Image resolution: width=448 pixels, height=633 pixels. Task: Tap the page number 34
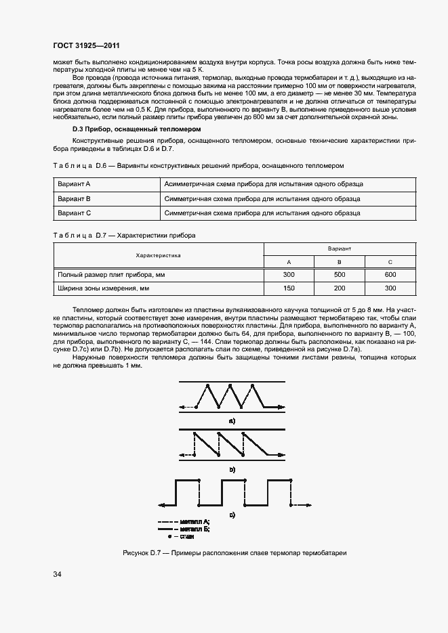coord(57,575)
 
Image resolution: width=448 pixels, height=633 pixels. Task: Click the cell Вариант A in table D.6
coord(74,184)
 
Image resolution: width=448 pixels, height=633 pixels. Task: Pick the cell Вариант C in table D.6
coord(74,213)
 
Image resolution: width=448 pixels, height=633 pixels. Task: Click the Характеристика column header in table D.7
coord(158,256)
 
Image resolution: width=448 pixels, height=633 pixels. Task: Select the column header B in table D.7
coord(340,262)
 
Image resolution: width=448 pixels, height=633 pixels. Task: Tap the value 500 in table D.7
coord(340,275)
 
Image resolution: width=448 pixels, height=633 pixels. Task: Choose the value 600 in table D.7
coord(390,275)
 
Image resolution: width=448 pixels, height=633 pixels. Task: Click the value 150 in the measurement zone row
coord(289,288)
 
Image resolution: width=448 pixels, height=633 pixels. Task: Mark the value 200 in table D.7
coord(340,288)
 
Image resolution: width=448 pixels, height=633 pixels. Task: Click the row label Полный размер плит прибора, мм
coord(112,275)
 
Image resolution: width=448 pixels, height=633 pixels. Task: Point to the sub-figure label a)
coord(232,421)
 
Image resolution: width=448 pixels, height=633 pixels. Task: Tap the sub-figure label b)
coord(232,469)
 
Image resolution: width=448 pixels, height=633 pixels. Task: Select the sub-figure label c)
coord(232,516)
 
